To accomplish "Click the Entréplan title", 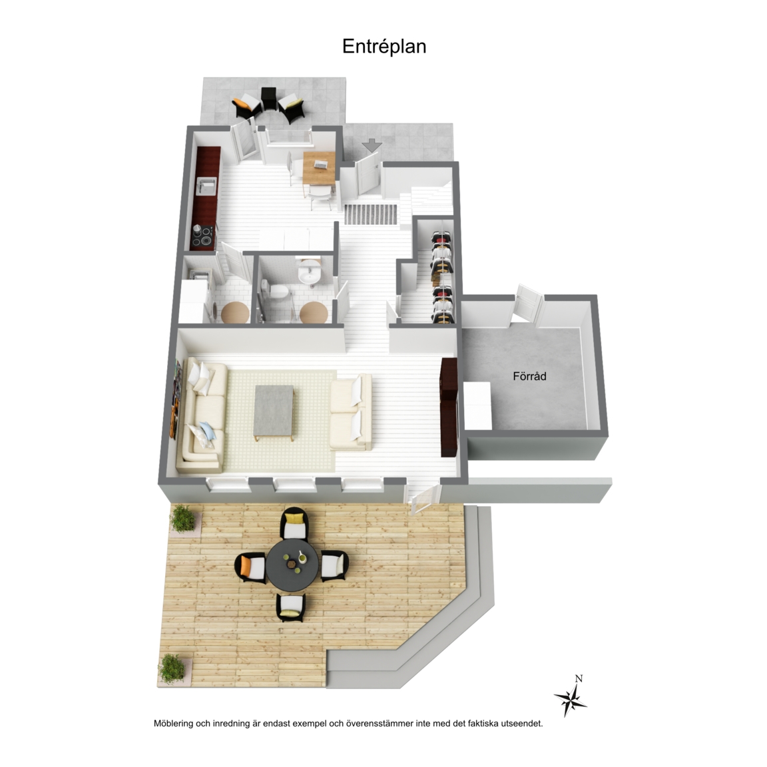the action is click(384, 47).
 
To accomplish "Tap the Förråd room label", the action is click(529, 376).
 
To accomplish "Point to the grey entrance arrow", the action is click(373, 145).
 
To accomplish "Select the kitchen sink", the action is click(206, 186).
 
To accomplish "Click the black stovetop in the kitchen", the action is click(202, 235).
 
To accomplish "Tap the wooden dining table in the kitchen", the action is click(319, 168).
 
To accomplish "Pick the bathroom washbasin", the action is click(310, 272).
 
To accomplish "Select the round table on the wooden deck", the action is click(292, 565).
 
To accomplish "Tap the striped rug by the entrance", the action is click(370, 214).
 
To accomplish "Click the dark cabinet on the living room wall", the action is click(449, 407).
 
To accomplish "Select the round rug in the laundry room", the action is click(235, 312).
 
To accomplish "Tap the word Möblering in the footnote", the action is click(174, 724).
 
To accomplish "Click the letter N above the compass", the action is click(579, 678).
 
